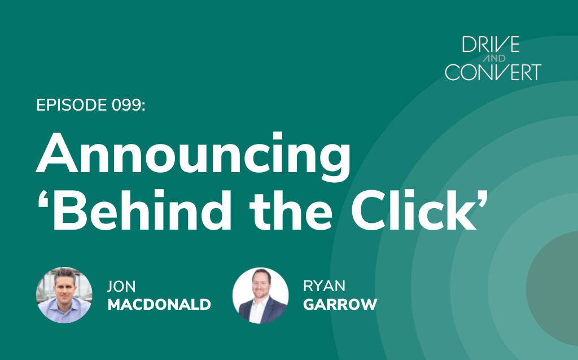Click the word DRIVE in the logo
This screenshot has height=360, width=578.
[491, 44]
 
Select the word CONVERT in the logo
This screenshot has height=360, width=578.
[493, 72]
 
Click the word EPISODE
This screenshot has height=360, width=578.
[72, 105]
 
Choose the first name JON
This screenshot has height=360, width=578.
[121, 286]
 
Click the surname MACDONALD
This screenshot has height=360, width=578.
[159, 304]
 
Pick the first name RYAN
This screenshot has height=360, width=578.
[324, 286]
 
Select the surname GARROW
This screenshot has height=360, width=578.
[340, 304]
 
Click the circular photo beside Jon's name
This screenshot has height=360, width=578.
[64, 295]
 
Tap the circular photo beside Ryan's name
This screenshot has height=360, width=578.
[261, 295]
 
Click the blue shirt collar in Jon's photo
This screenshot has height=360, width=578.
[65, 303]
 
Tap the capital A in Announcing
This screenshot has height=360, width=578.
[57, 153]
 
